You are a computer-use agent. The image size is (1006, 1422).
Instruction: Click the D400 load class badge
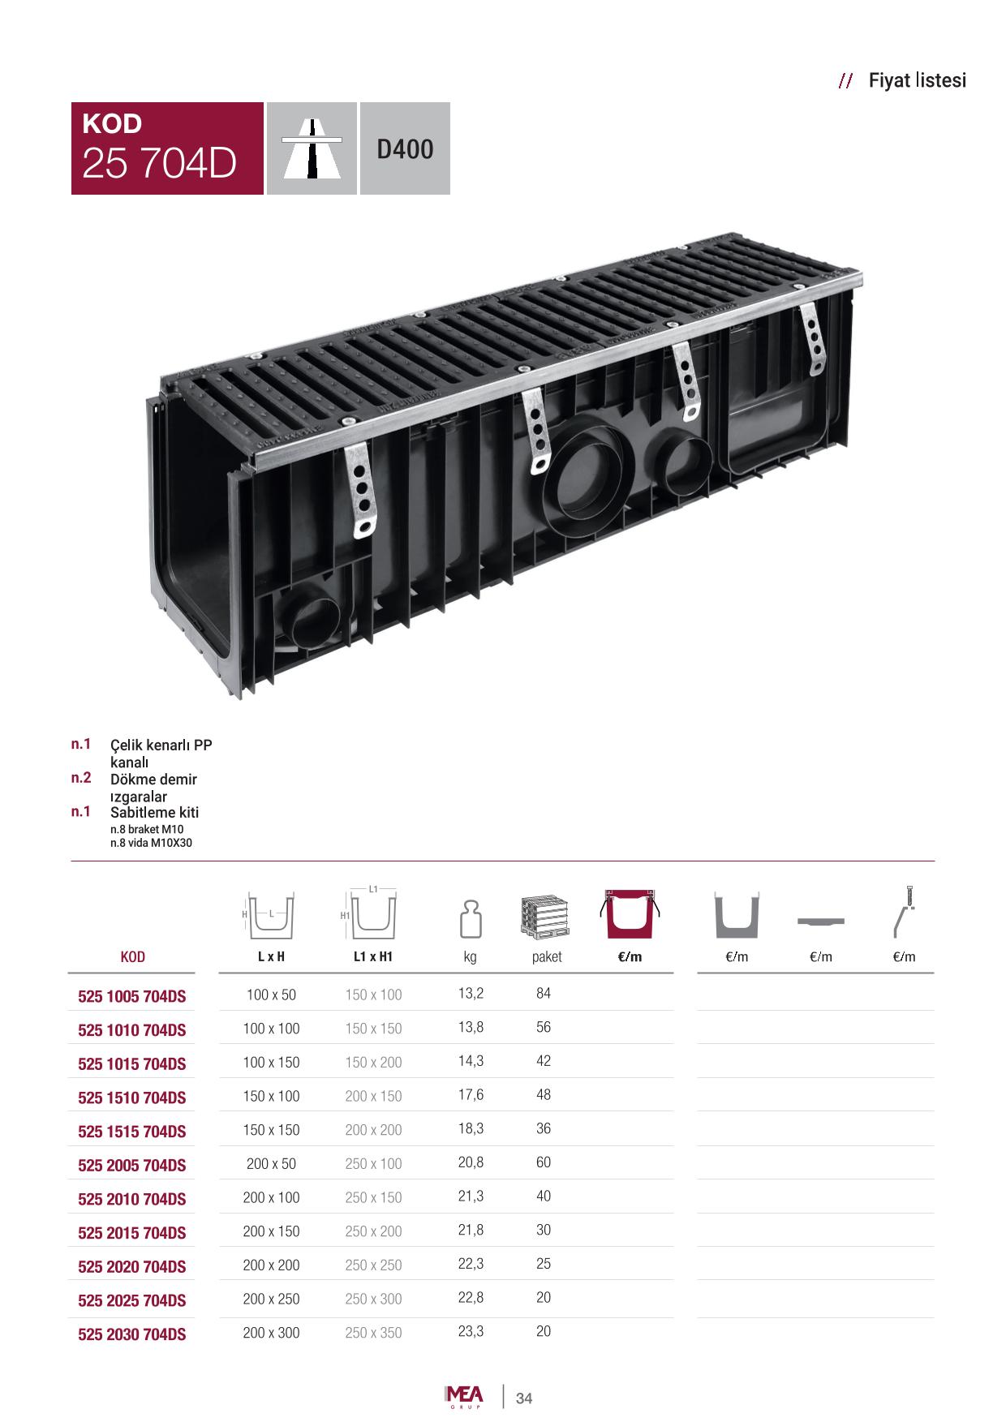click(x=405, y=148)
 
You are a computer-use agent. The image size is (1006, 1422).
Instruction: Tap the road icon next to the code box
click(x=312, y=148)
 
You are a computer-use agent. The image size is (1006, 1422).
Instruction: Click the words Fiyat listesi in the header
click(x=917, y=80)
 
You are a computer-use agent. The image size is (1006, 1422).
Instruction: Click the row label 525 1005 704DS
click(x=132, y=996)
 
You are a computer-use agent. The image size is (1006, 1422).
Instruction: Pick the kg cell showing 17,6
click(x=471, y=1094)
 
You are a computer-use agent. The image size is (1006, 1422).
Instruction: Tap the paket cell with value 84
click(x=544, y=993)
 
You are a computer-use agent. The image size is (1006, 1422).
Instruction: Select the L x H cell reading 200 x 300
click(x=271, y=1332)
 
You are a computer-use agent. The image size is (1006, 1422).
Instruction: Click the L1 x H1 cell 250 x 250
click(x=373, y=1265)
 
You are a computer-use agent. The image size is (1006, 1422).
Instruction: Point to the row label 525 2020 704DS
click(x=132, y=1266)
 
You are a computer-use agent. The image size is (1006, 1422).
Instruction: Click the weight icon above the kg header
click(x=471, y=918)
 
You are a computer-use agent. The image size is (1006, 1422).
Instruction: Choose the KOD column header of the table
click(x=132, y=956)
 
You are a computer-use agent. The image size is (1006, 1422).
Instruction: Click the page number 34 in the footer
click(x=524, y=1398)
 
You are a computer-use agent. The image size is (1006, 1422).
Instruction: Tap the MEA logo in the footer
click(x=464, y=1397)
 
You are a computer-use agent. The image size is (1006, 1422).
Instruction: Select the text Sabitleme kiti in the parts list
click(x=154, y=812)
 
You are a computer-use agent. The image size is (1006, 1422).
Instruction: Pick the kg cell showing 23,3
click(x=471, y=1330)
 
